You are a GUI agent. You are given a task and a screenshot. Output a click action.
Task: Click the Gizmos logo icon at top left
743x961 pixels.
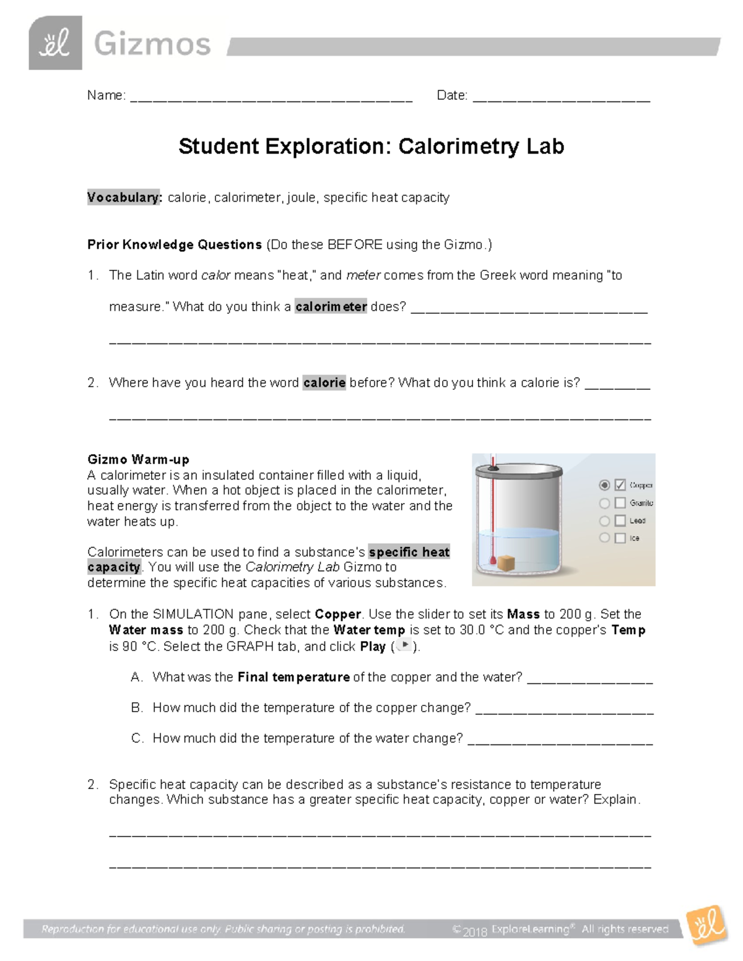tap(55, 43)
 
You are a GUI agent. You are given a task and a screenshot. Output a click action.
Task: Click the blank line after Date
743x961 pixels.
tap(561, 98)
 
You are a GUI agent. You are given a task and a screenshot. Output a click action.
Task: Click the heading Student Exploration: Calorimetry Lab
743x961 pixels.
tap(371, 147)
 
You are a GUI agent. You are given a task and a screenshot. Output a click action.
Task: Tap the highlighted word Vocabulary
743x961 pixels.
tap(124, 197)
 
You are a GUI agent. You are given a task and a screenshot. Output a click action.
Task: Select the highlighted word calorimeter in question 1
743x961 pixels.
tap(331, 306)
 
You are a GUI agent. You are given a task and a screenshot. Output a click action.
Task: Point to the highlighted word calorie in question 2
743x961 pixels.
tap(324, 382)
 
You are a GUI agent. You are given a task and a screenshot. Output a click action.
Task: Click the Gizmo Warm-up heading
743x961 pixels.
tap(138, 459)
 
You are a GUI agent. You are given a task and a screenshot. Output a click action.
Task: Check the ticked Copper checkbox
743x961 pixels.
tap(620, 485)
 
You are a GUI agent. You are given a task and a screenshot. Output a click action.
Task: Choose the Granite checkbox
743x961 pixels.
tap(620, 503)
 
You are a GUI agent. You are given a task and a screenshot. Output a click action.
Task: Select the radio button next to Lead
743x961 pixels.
tap(604, 521)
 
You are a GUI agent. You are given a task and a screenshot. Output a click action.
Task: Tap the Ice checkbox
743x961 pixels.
tap(620, 538)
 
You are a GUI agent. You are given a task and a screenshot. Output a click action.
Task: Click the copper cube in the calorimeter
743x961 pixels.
tap(507, 564)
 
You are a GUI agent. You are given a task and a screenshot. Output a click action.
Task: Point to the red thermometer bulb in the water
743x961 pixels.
tap(493, 562)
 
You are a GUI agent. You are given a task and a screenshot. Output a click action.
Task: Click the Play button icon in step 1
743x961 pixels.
tap(404, 645)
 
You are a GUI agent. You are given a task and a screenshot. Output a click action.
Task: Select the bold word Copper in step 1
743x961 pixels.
tap(337, 614)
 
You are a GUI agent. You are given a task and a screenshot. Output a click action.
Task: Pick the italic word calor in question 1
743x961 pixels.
tap(216, 275)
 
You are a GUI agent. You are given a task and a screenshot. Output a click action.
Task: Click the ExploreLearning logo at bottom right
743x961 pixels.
tap(706, 926)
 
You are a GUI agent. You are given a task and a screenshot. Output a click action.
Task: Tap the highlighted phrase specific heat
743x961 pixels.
tap(409, 552)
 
